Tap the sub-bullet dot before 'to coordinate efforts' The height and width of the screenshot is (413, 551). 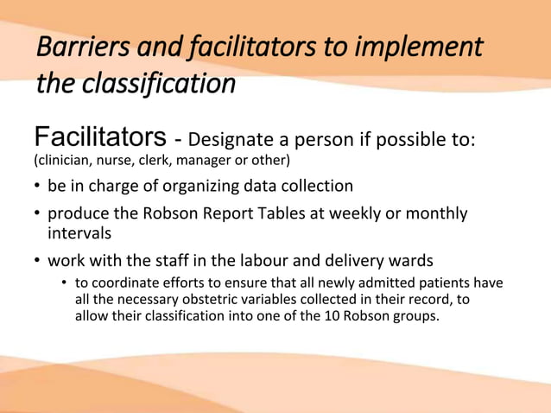click(65, 284)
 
